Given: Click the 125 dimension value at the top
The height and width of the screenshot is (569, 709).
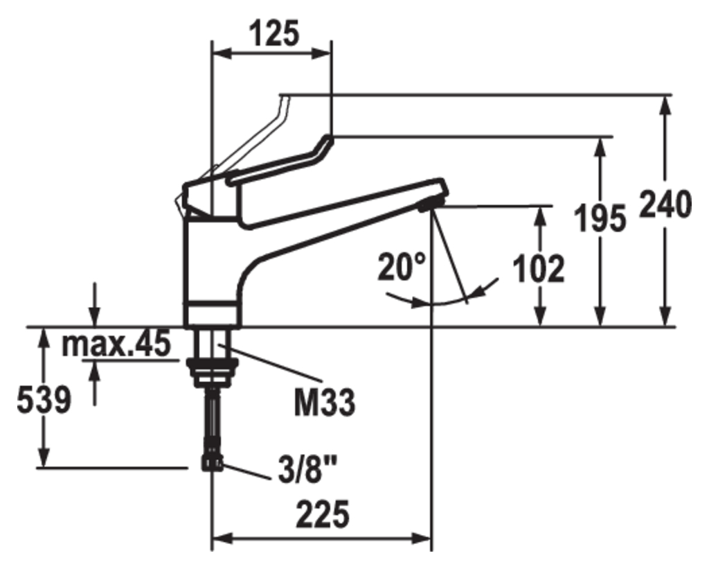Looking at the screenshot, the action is (276, 33).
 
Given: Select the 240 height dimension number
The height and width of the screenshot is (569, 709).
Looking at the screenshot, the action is (666, 204).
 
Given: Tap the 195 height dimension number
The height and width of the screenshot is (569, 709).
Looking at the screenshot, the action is (600, 218).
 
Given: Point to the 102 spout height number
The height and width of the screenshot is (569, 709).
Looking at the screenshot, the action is (539, 269).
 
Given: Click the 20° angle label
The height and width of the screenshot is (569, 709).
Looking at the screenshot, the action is (402, 267).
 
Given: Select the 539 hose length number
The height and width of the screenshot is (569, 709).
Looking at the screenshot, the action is (44, 400).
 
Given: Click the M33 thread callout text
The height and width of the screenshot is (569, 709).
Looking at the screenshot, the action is (325, 403).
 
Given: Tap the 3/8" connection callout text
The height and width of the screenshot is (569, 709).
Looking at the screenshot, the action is (308, 469).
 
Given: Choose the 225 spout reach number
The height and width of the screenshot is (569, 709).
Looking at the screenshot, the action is (323, 514).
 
